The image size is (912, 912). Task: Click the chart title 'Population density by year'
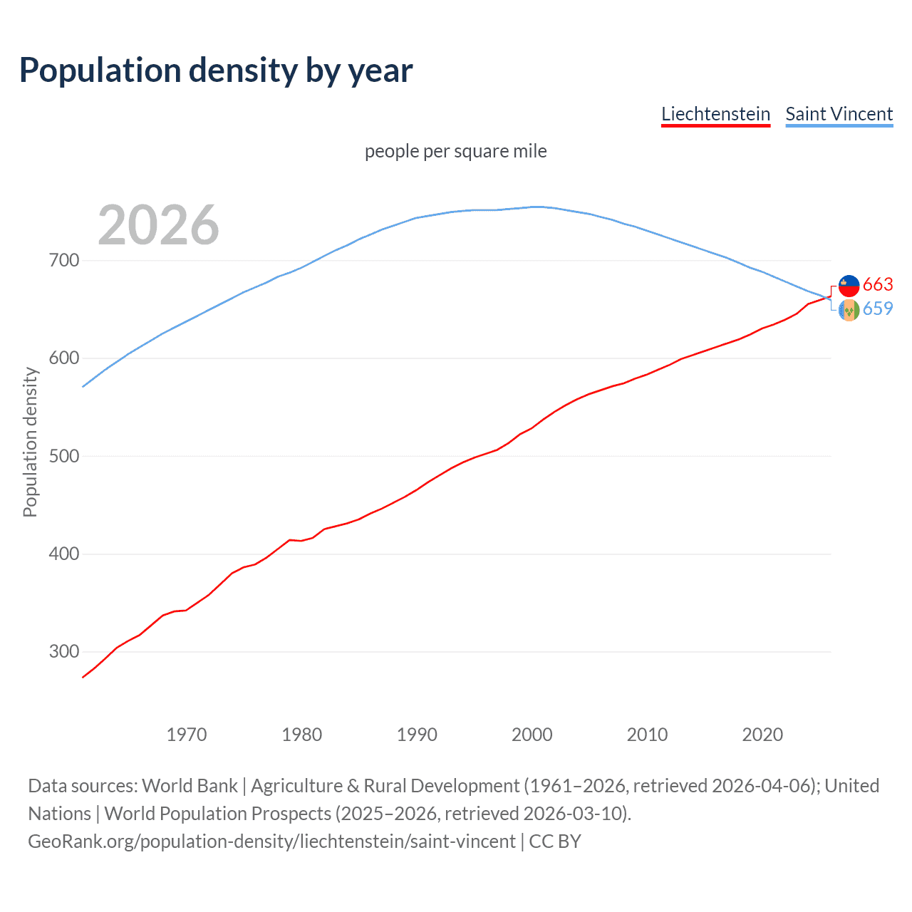[x=216, y=71]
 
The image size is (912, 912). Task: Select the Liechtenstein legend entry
[x=715, y=114]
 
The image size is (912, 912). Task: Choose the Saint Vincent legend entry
[x=839, y=114]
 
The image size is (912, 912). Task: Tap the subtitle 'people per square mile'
[x=455, y=151]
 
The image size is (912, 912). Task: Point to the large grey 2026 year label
[x=158, y=225]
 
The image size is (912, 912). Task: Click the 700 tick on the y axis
[x=64, y=261]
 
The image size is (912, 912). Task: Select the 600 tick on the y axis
[x=64, y=358]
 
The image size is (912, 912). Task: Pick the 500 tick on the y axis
[x=64, y=456]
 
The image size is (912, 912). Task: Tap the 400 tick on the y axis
[x=64, y=554]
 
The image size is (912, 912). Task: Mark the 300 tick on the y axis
[x=64, y=652]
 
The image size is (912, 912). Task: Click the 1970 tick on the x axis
[x=187, y=735]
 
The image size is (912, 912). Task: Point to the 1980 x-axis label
[x=301, y=735]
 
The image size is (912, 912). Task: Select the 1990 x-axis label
[x=417, y=735]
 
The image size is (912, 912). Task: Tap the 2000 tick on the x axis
[x=532, y=735]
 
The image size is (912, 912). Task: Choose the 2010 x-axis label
[x=647, y=735]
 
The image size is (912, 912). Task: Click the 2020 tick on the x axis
[x=762, y=735]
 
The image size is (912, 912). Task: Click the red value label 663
[x=878, y=285]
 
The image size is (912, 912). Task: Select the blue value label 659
[x=878, y=309]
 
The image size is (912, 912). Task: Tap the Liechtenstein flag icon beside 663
[x=849, y=286]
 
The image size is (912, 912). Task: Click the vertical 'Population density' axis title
[x=30, y=442]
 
